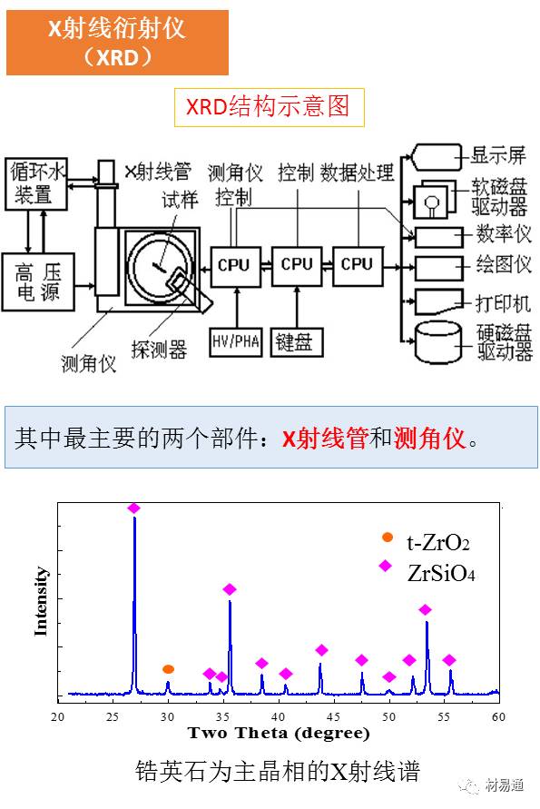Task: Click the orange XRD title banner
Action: pos(118,43)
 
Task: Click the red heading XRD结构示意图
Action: pos(269,107)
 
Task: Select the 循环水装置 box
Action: pos(35,184)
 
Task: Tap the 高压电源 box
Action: pos(38,281)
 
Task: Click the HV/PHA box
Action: pos(236,341)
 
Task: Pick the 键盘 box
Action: pos(297,342)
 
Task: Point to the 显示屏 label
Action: pos(498,154)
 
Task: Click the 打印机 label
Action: pos(503,303)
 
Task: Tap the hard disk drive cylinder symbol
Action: pos(437,341)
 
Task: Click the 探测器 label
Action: pos(159,350)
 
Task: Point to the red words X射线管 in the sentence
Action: pos(325,439)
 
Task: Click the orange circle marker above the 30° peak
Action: pos(168,669)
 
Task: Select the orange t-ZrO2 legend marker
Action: pos(387,538)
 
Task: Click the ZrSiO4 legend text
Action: pos(441,573)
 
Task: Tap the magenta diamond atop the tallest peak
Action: pos(134,508)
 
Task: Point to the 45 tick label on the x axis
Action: pos(333,716)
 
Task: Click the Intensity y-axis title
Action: pos(40,601)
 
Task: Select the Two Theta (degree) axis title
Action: pos(279,733)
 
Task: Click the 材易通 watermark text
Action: pos(504,785)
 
